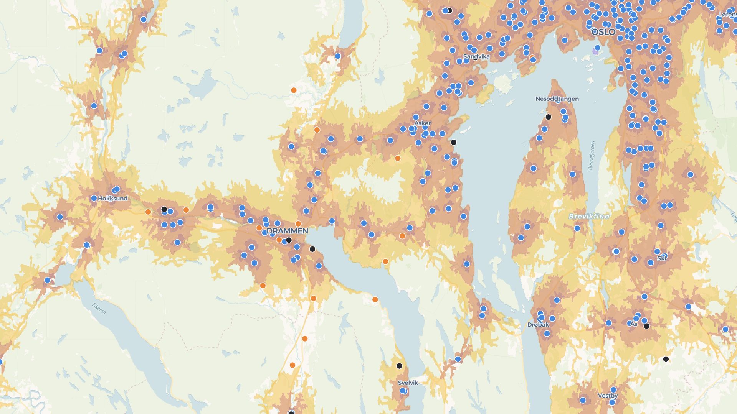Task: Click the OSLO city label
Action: point(603,32)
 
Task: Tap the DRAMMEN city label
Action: point(287,231)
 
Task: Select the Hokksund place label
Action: point(112,199)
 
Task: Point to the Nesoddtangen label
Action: point(557,99)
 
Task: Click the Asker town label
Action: point(422,123)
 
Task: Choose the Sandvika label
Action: point(476,57)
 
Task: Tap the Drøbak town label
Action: point(538,325)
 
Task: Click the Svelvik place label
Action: point(408,383)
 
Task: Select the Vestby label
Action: point(608,396)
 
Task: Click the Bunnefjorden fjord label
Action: point(591,155)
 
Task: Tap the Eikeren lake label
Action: point(99,309)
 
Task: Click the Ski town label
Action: point(661,258)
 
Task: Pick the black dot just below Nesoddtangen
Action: point(548,117)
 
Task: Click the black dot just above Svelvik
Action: point(399,366)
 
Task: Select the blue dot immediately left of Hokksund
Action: point(94,199)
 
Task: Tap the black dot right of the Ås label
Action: point(646,326)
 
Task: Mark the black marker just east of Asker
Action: point(453,142)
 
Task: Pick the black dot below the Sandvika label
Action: point(475,58)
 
